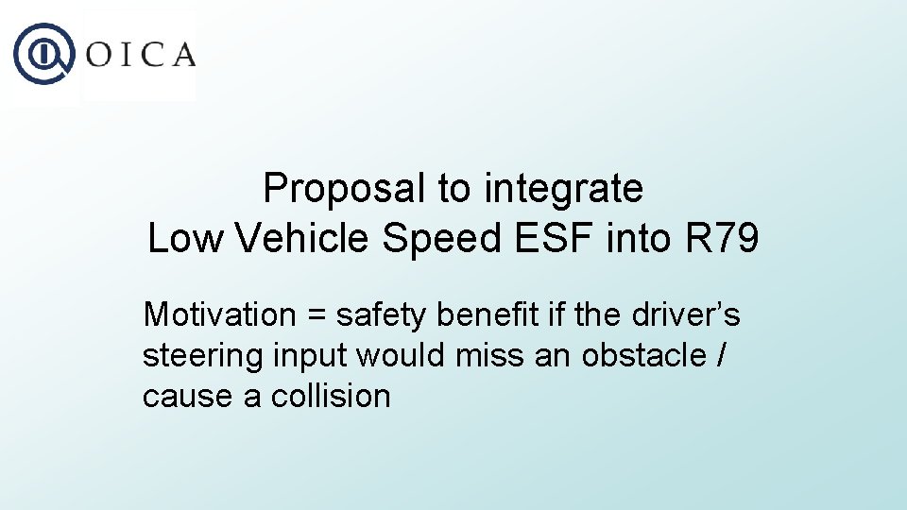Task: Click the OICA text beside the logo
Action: tap(141, 55)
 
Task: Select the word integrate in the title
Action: tap(563, 189)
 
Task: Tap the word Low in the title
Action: tap(184, 239)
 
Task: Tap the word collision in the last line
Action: tap(331, 396)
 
